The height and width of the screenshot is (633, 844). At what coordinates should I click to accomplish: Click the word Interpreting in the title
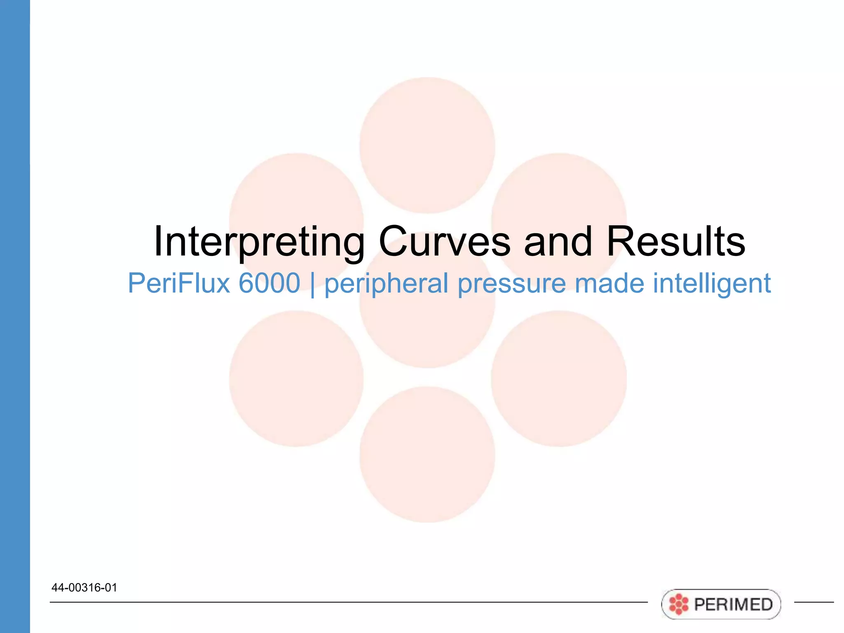point(259,242)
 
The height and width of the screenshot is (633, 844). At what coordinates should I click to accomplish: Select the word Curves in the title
point(444,242)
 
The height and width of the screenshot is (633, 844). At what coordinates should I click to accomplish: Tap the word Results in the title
point(675,242)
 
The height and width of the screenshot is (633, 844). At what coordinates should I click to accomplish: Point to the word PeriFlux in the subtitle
point(178,284)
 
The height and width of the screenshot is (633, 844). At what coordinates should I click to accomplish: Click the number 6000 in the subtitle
point(269,284)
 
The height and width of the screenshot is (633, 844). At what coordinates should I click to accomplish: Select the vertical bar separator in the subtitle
point(312,284)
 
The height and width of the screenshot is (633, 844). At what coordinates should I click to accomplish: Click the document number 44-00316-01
point(84,588)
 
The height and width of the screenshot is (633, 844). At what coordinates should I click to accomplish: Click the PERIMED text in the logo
point(733,605)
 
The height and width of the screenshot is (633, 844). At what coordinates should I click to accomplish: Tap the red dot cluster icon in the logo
point(678,605)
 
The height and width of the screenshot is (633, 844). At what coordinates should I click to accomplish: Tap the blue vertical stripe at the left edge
point(15,316)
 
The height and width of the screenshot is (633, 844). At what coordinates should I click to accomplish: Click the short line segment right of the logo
point(814,602)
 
